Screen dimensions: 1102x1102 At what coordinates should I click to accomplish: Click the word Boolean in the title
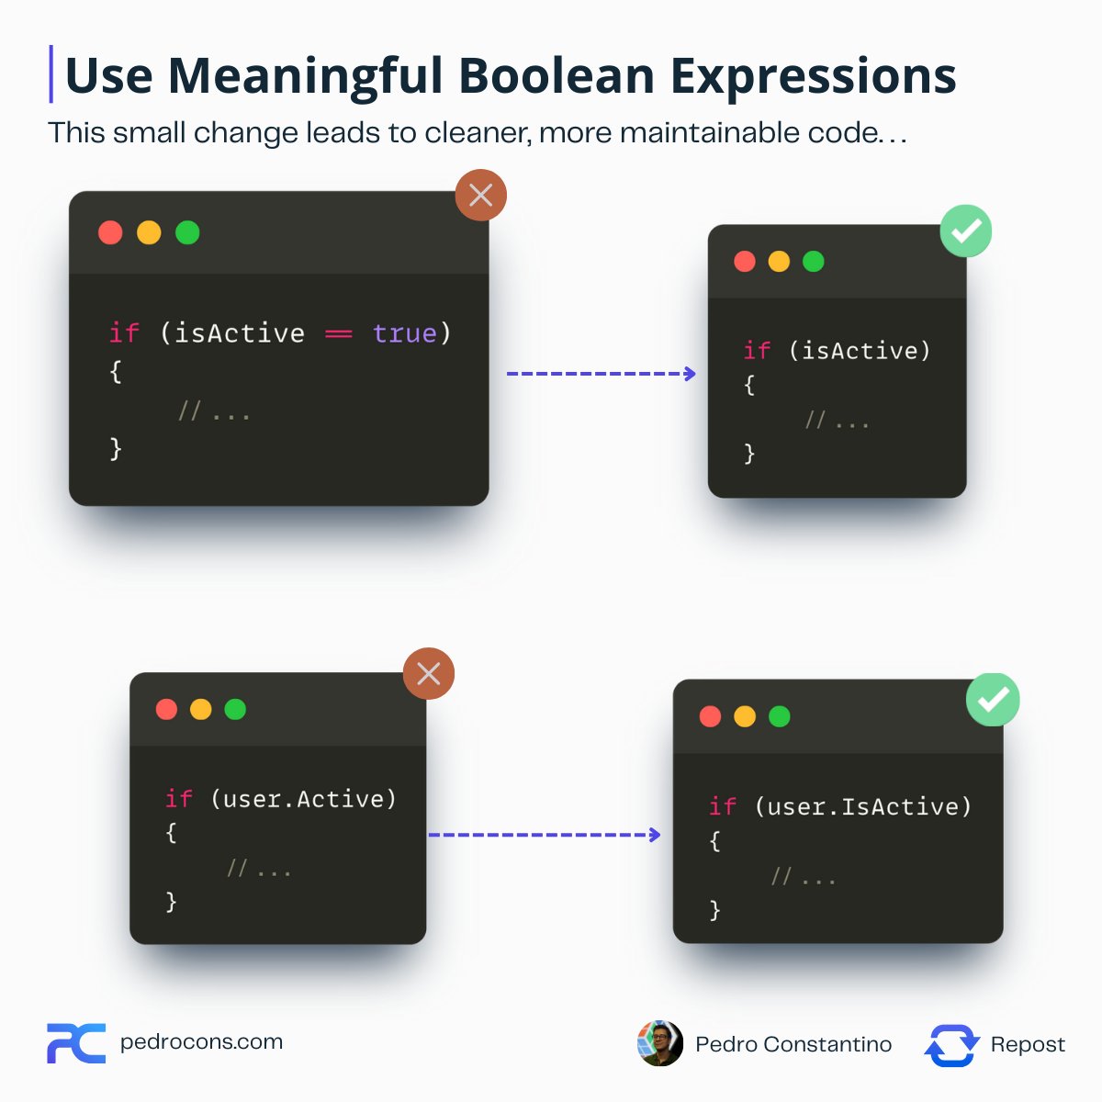555,76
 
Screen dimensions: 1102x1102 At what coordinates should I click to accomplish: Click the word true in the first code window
404,333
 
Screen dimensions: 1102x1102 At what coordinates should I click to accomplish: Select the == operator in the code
339,334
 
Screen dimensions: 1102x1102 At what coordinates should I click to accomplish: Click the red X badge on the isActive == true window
480,195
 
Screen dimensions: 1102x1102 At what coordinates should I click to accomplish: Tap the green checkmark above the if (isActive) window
966,231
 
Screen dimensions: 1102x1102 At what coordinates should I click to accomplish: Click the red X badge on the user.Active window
429,674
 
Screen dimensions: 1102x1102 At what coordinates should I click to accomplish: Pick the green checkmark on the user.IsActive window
993,700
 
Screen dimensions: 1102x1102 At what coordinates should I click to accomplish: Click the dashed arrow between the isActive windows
601,374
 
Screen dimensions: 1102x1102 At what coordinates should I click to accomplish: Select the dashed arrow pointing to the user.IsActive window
544,835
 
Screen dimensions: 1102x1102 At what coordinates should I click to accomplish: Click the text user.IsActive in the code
862,807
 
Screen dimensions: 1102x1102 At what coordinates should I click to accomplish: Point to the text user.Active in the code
303,799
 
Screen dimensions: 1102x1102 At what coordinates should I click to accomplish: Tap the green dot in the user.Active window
235,709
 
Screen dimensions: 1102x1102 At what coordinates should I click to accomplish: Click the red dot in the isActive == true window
110,232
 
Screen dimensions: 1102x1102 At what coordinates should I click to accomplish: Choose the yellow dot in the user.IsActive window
745,716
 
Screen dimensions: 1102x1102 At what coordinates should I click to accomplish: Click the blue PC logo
76,1043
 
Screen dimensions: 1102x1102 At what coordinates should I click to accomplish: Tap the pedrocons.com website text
201,1042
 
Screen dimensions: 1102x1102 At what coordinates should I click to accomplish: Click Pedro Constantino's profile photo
660,1043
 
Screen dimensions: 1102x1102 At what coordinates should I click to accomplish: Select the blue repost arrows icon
951,1045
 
